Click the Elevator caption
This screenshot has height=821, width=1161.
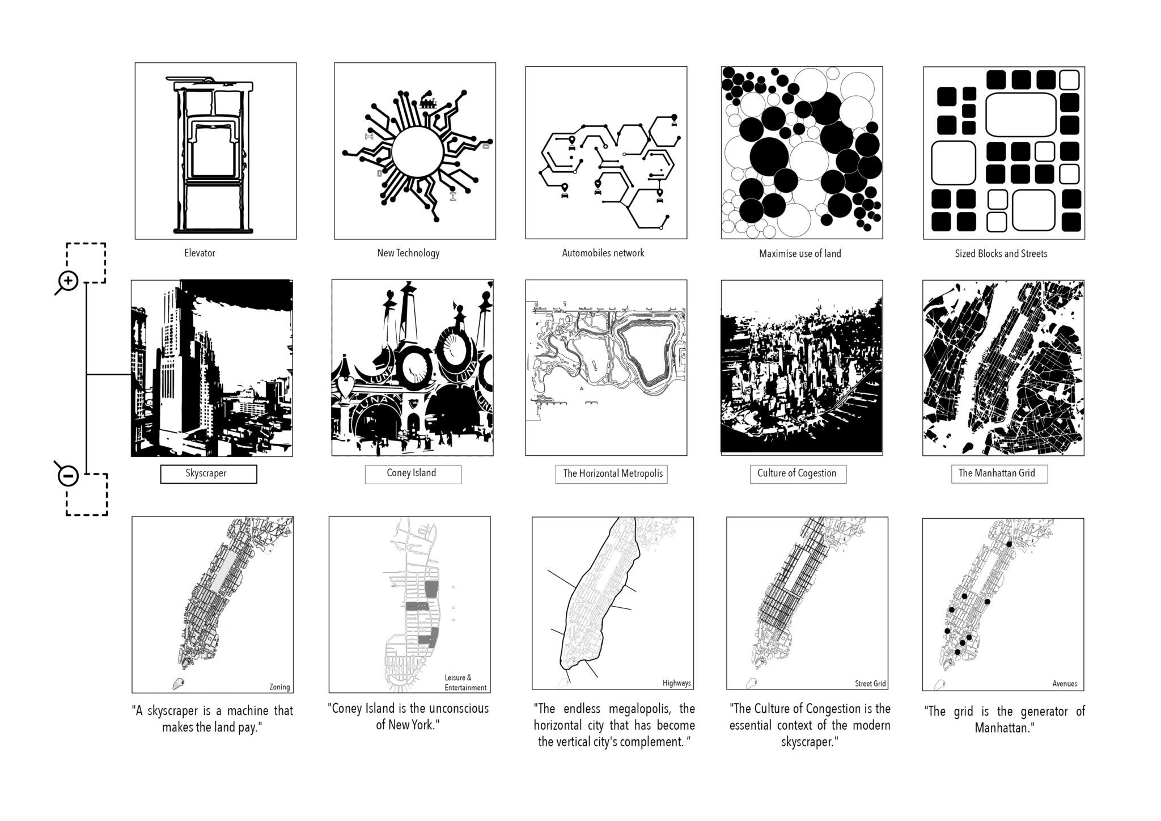point(200,253)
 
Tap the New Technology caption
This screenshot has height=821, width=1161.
point(408,253)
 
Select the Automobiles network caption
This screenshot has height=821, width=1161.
point(603,253)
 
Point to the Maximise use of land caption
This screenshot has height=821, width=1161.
point(800,253)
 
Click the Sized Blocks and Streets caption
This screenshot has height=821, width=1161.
point(1001,253)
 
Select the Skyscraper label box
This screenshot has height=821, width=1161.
point(209,474)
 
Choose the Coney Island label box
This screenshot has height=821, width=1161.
point(413,474)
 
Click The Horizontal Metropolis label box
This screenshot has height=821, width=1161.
point(611,474)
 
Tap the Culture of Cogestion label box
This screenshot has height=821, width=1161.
point(798,474)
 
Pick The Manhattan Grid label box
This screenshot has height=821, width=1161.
point(999,473)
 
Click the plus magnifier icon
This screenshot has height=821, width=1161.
point(67,282)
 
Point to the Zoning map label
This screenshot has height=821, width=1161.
point(279,687)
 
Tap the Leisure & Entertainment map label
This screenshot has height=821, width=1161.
point(465,683)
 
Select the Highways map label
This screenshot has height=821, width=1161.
point(677,683)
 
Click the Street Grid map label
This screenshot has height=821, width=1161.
point(870,684)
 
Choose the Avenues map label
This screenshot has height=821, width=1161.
point(1065,684)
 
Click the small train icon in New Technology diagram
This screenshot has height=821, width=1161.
point(428,102)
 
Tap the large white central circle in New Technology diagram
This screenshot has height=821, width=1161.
point(416,152)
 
